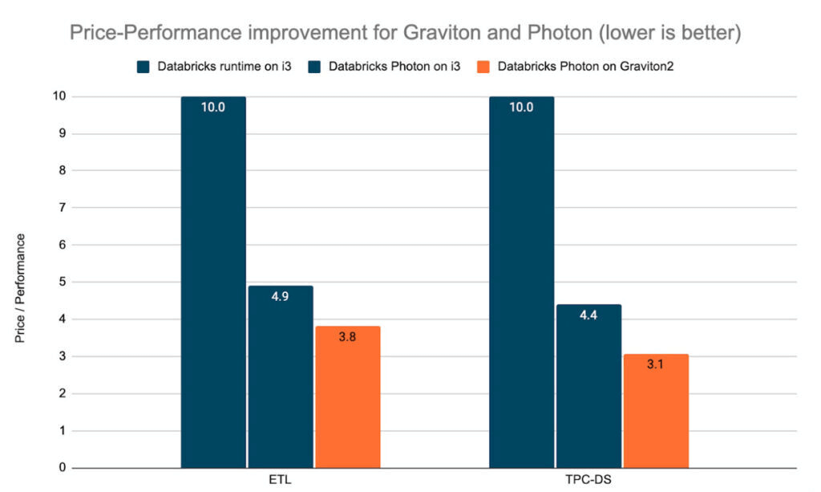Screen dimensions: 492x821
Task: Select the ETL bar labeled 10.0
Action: [213, 281]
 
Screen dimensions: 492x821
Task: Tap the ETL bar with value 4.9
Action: [280, 376]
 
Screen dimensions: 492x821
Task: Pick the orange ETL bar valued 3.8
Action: [347, 396]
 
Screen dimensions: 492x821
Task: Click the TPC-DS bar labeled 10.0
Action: [521, 281]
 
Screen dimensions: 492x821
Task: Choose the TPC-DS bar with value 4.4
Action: [588, 386]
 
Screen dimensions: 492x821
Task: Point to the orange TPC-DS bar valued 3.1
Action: [656, 410]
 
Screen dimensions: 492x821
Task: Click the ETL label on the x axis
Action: [280, 481]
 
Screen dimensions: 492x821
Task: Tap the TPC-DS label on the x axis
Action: [588, 481]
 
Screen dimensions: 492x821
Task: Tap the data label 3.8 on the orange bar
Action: [347, 337]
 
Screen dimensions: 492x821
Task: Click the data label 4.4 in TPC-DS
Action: [588, 315]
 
